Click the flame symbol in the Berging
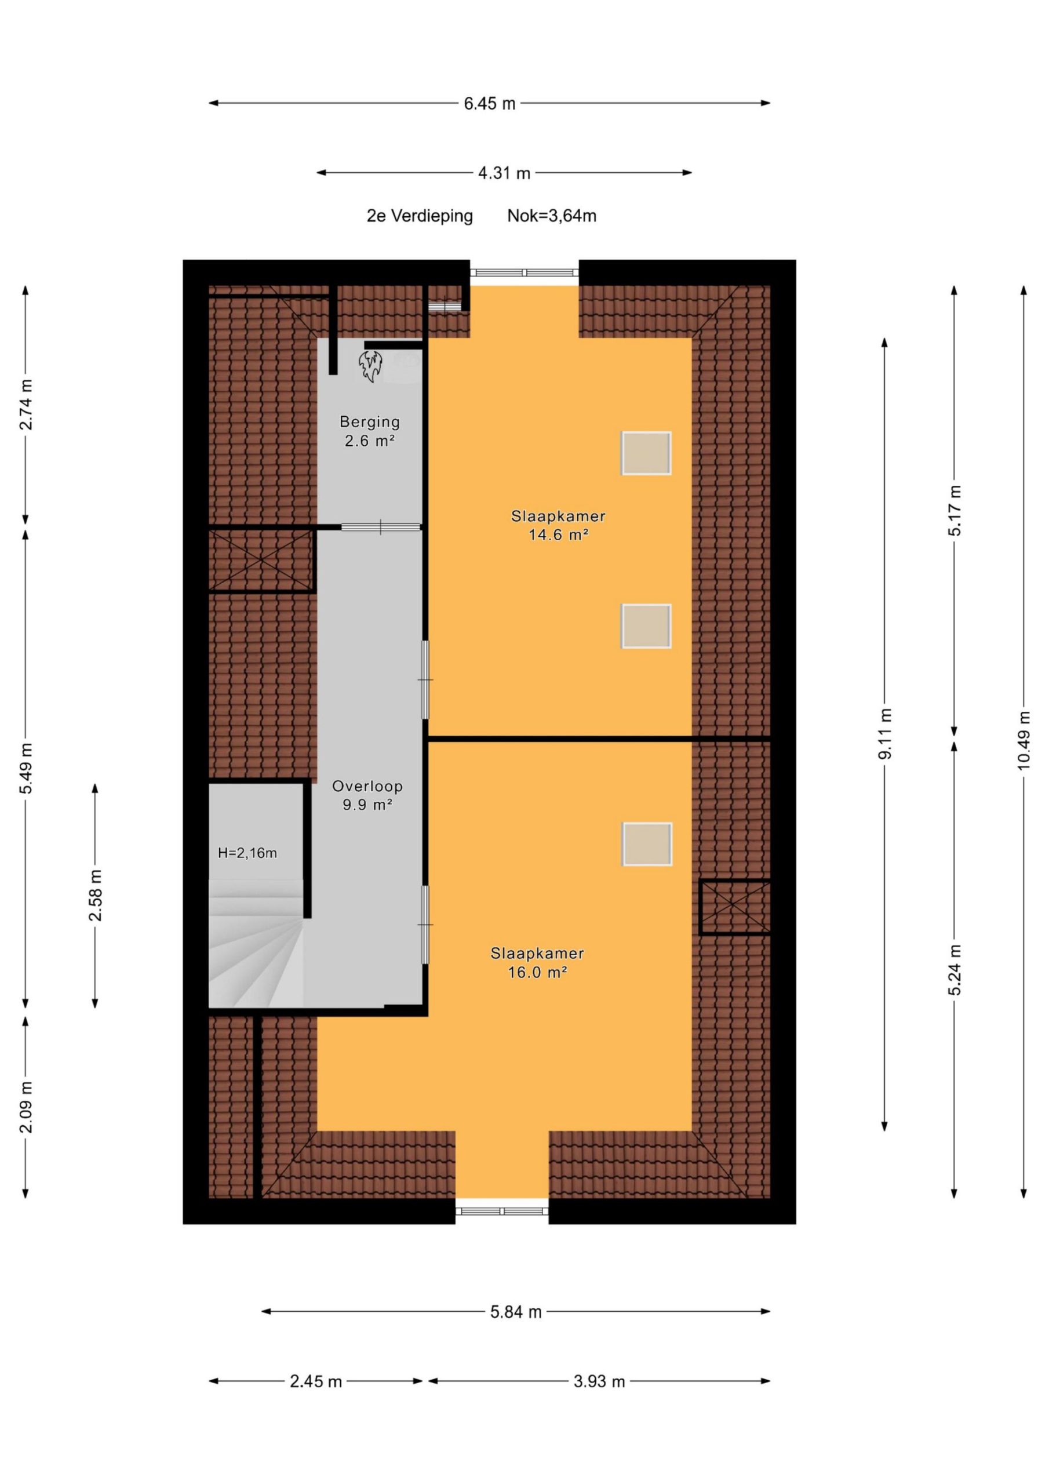[370, 366]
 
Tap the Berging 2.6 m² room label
[370, 431]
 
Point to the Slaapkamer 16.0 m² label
[537, 962]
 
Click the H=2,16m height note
[247, 853]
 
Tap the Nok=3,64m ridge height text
[551, 216]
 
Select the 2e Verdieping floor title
[420, 216]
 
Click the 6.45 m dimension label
[489, 103]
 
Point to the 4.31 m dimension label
[504, 173]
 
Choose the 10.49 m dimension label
[1023, 740]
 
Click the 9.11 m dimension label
[884, 733]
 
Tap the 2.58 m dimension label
[95, 895]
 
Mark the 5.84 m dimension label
[515, 1312]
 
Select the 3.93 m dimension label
[599, 1382]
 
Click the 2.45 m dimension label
[315, 1382]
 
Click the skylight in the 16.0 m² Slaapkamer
[647, 844]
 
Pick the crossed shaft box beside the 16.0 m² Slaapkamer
[735, 907]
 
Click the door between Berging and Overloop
[381, 528]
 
